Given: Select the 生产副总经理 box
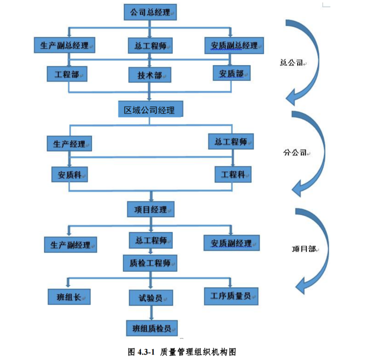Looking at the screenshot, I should point(65,45).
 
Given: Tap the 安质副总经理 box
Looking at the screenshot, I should point(234,45).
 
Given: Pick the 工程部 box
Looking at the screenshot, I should point(67,74).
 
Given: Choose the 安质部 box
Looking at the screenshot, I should point(232,73).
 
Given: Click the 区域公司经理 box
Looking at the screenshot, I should point(150,109).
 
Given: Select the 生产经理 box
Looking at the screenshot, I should point(69,144).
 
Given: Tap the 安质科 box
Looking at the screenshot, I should point(70,174).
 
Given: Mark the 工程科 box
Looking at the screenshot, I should point(232,174).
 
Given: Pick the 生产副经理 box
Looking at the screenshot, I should point(70,244).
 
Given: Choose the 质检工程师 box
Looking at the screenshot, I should point(150,263).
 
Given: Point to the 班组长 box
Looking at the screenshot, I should point(70,296).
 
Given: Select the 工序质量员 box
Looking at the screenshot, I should point(231,295).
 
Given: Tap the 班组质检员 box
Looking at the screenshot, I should point(151,328).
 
